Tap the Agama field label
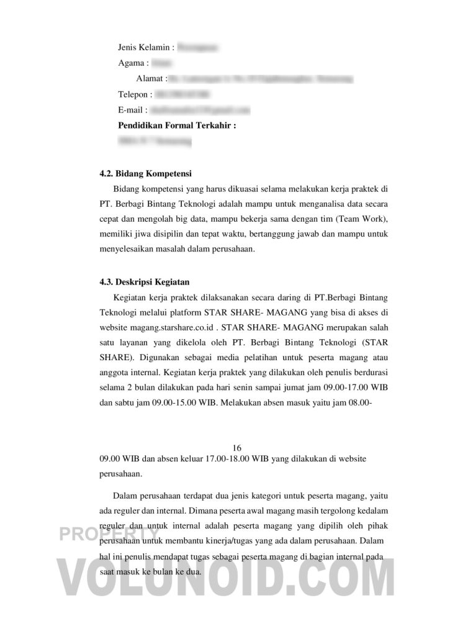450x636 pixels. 131,63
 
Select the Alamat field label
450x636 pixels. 150,79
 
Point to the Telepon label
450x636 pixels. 133,94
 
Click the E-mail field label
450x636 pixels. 131,111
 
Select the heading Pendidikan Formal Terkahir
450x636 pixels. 177,126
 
